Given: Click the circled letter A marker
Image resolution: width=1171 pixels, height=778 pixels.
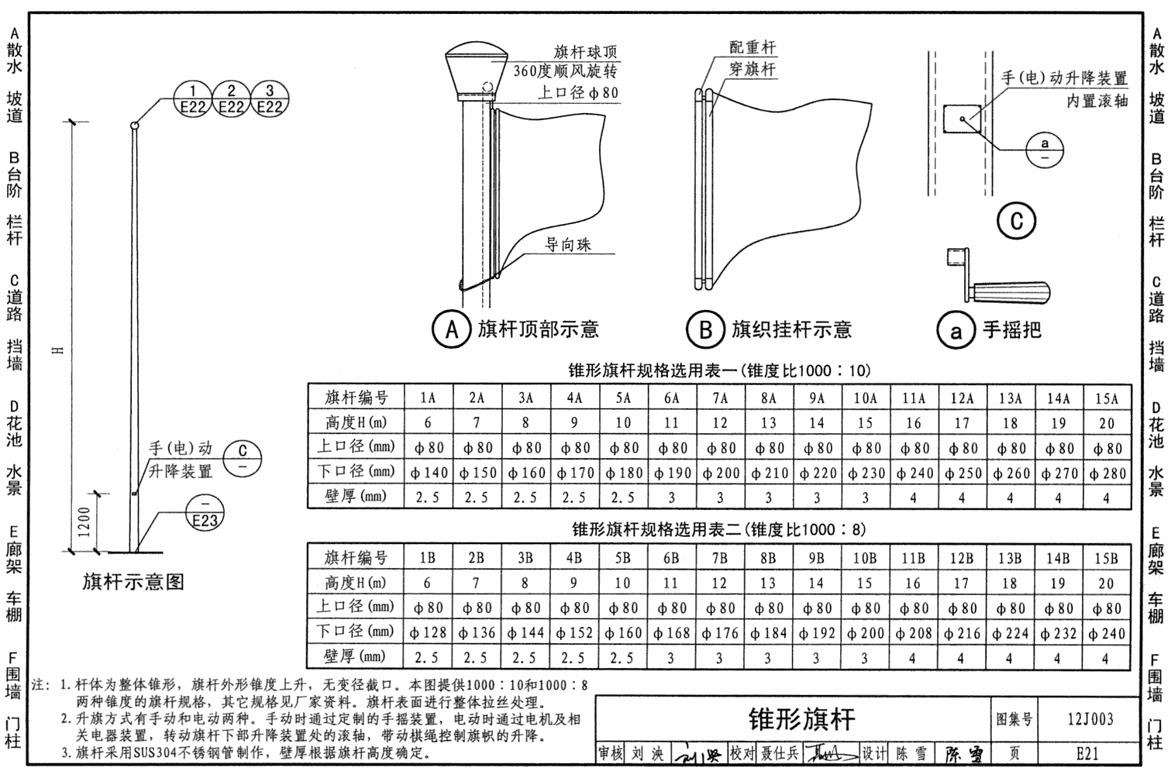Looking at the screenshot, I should point(451,329).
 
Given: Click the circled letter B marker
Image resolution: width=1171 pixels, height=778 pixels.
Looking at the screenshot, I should point(705,329).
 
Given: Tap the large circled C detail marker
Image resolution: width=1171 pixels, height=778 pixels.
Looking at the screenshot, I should point(1016,221).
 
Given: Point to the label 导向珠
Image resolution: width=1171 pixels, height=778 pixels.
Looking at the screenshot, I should point(567,245).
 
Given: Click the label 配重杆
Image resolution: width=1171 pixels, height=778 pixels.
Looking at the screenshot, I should point(752,47).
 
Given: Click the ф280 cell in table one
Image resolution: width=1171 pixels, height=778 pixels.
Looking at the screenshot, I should point(1107,473).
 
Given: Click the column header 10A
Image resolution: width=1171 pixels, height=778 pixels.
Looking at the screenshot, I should point(865,398).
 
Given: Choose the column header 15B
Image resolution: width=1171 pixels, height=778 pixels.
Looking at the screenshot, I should point(1106,558).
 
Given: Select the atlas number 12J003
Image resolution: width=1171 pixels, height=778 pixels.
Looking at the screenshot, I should point(1090,718).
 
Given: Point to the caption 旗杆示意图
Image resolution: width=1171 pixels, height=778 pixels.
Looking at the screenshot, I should point(133,582).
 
